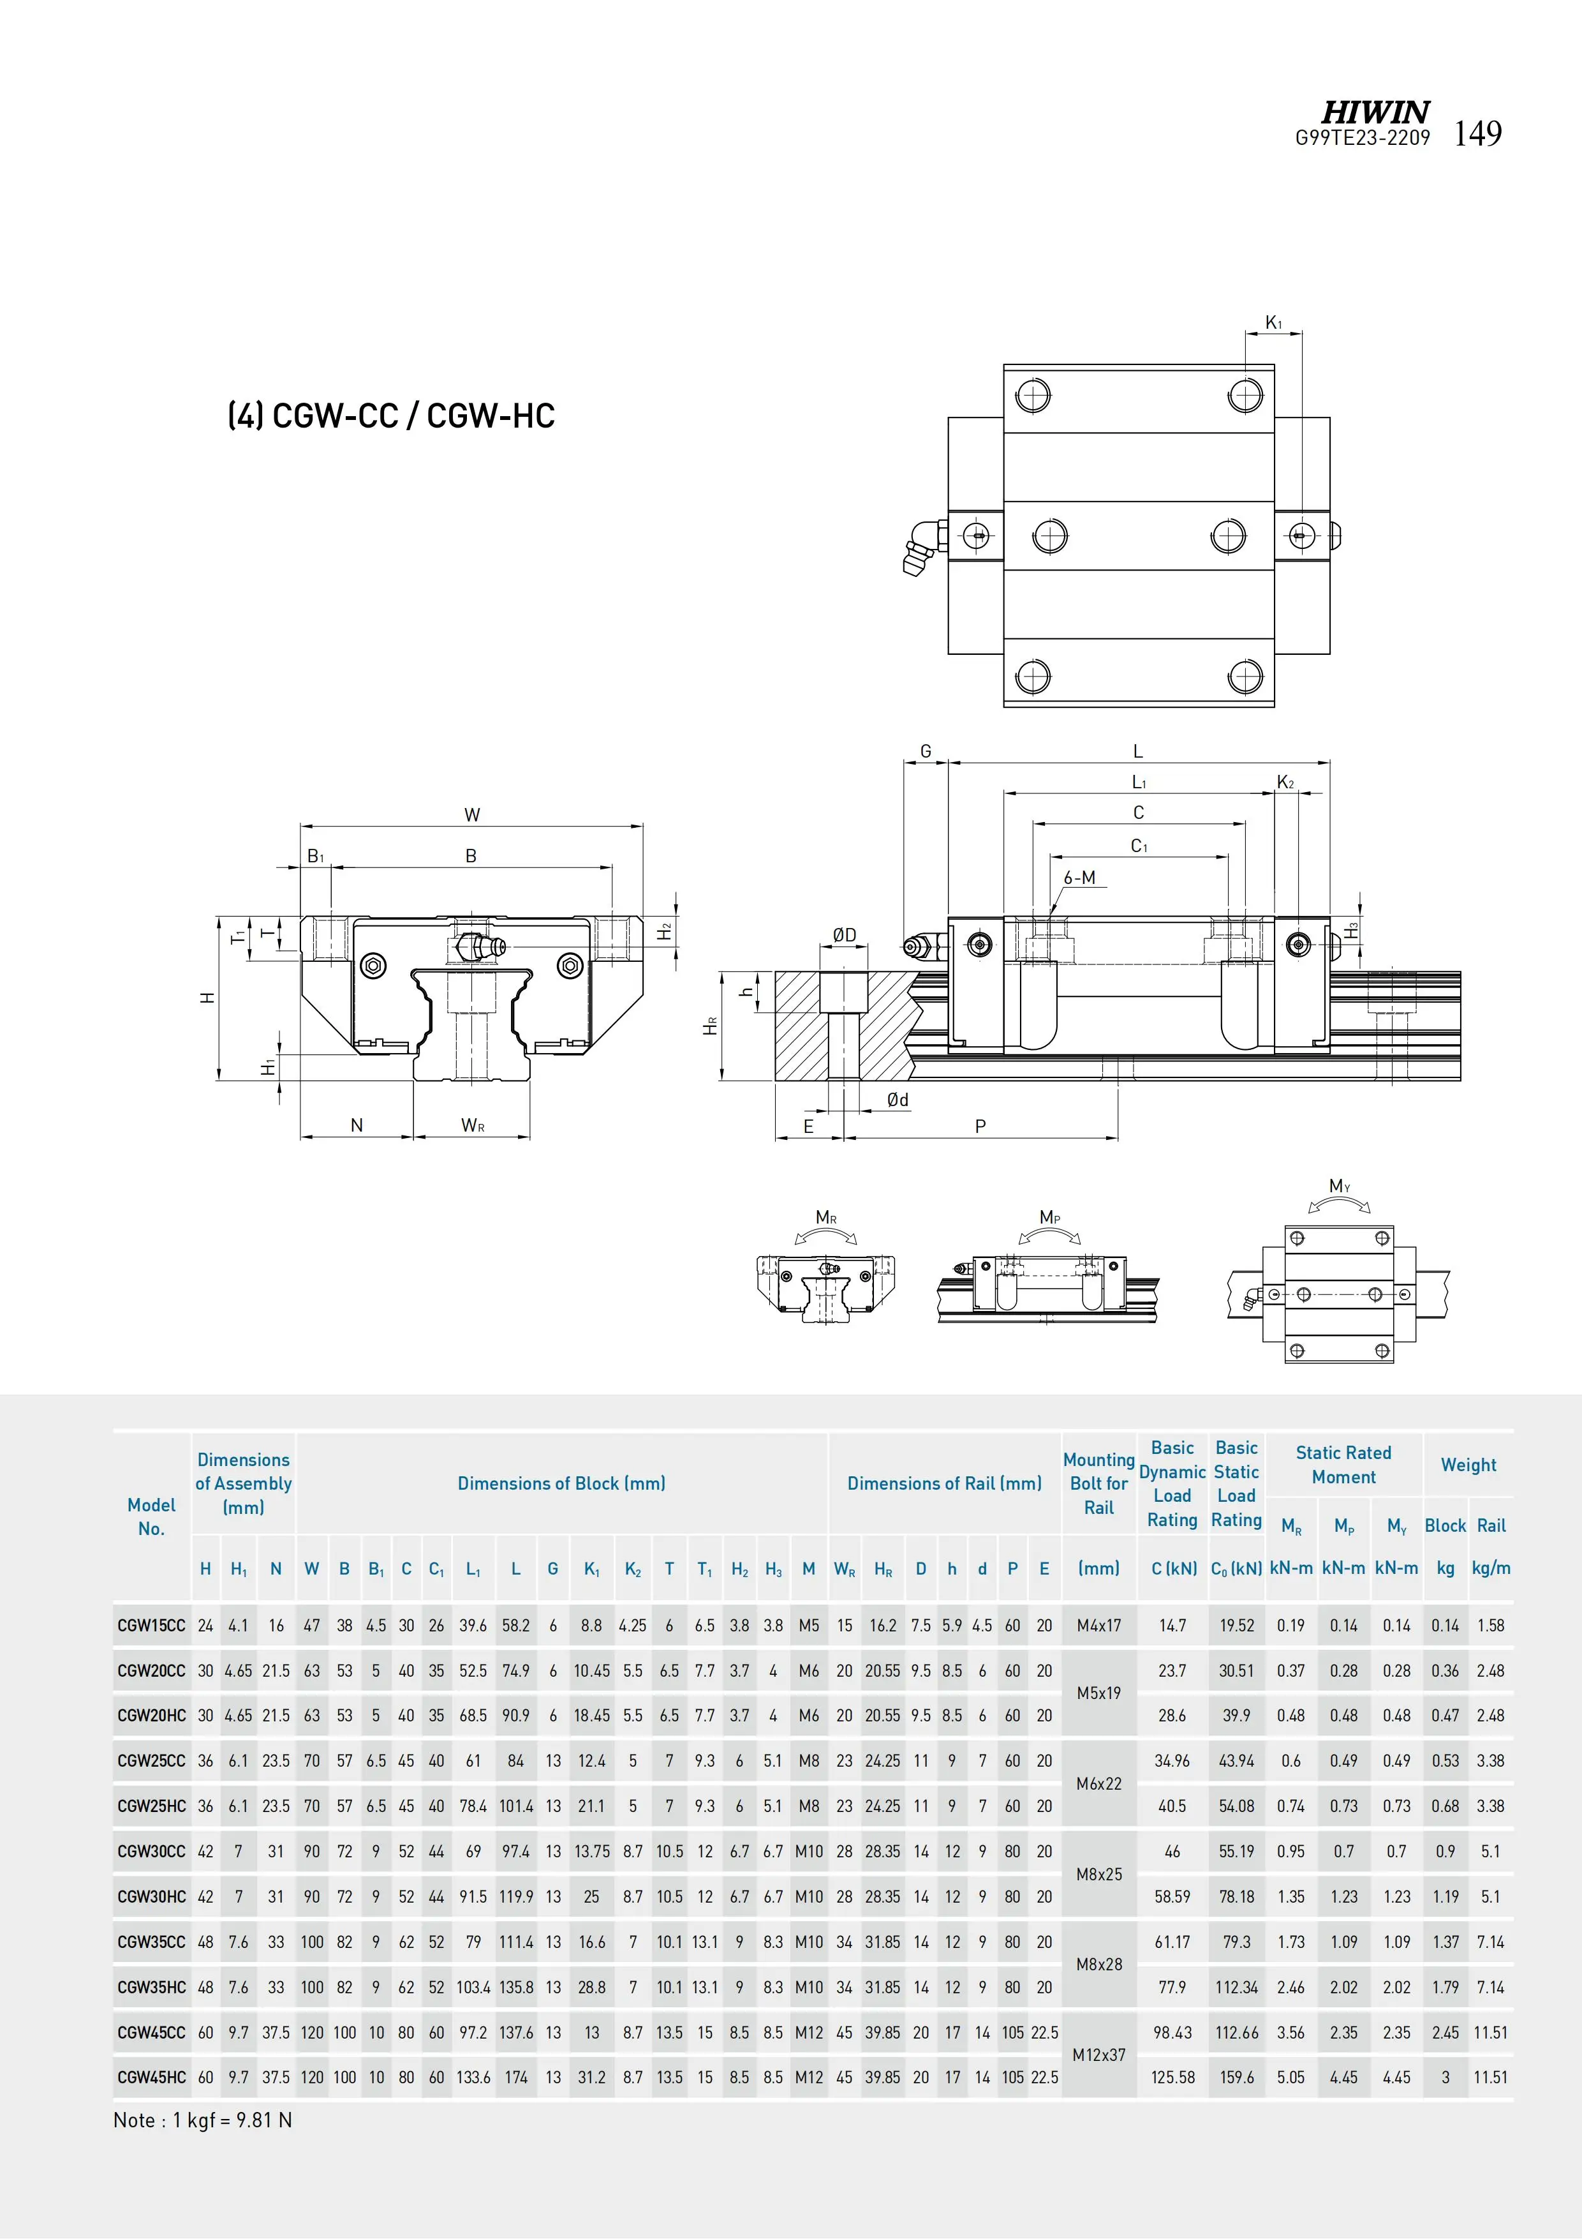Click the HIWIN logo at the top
(x=1375, y=112)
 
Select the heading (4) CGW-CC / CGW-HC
(x=391, y=416)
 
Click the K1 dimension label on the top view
(x=1273, y=323)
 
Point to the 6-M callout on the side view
(x=1079, y=878)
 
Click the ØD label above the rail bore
(x=844, y=935)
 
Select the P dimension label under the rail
(x=980, y=1127)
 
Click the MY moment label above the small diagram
(x=1340, y=1186)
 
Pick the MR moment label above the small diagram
(x=825, y=1217)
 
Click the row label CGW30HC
(x=151, y=1897)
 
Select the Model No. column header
(x=151, y=1516)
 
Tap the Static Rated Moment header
(x=1343, y=1465)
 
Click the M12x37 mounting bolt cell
(x=1098, y=2055)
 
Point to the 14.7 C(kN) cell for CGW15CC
(x=1172, y=1626)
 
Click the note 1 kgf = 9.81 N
(x=203, y=2120)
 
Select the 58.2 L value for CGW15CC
(x=515, y=1626)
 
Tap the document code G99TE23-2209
(x=1362, y=139)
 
